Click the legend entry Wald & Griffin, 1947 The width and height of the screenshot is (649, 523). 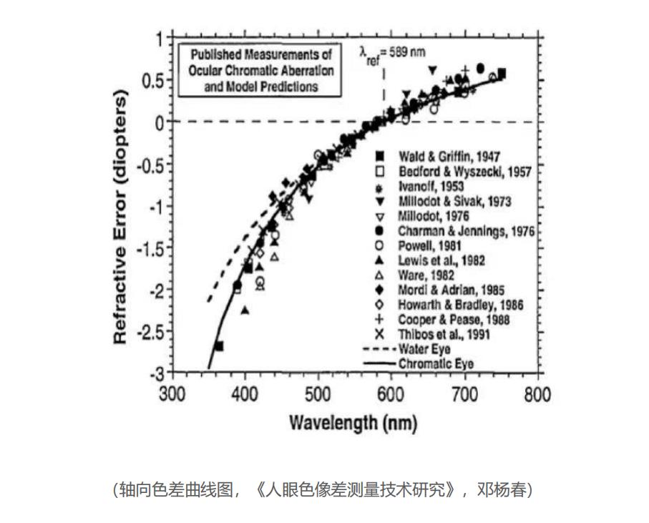tap(444, 157)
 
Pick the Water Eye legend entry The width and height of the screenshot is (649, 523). tap(424, 349)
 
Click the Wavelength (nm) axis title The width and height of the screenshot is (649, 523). tap(353, 422)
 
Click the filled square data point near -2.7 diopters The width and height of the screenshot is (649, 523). tap(219, 346)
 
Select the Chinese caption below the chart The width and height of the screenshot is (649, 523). tap(323, 491)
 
